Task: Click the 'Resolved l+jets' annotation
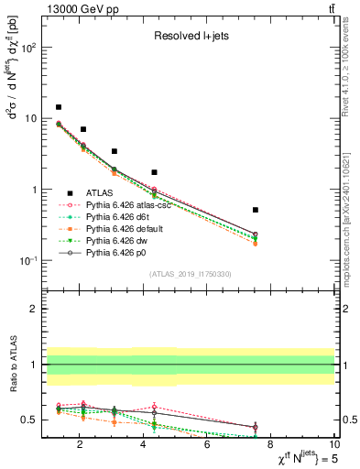(x=190, y=37)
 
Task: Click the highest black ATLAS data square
(x=59, y=107)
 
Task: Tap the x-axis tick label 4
(x=143, y=446)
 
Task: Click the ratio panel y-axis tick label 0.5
(x=29, y=420)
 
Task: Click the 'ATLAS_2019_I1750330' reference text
(x=189, y=274)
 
